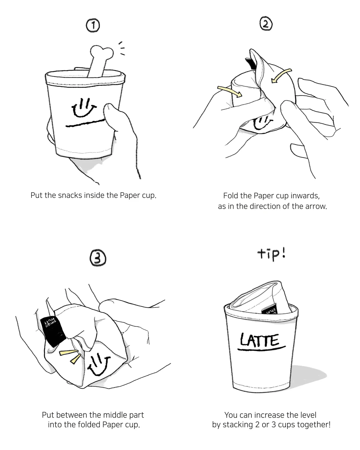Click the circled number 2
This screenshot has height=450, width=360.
click(x=266, y=24)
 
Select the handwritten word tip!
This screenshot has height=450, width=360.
click(x=271, y=254)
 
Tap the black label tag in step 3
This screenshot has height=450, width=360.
click(x=52, y=330)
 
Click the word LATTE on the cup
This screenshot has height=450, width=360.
click(x=260, y=340)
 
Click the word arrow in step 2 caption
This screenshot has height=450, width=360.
click(x=316, y=206)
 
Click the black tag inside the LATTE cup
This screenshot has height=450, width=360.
click(x=269, y=310)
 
